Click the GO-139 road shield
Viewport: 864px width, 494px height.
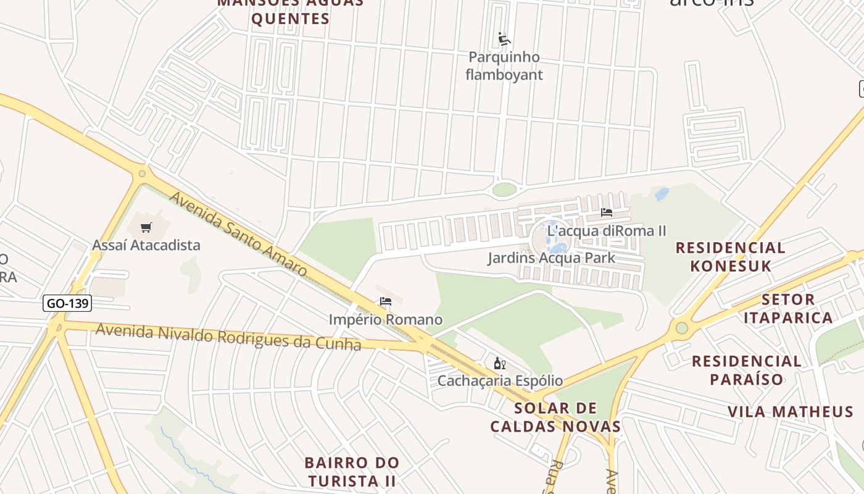[x=68, y=303]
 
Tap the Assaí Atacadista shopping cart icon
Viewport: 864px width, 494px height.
[x=146, y=227]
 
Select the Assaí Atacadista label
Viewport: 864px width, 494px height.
[x=146, y=245]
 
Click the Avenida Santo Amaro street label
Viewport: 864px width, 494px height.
[x=238, y=234]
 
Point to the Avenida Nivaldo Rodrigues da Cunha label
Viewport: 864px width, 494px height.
[x=228, y=337]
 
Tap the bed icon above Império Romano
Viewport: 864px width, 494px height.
[x=386, y=301]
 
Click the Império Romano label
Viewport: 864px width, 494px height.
[x=386, y=320]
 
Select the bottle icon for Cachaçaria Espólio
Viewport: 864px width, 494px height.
[x=500, y=363]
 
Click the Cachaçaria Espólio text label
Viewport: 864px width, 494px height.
[x=500, y=380]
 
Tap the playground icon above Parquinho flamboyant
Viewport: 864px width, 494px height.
[x=504, y=39]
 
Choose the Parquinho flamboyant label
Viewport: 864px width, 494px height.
[x=504, y=66]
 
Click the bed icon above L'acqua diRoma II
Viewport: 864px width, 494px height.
[x=607, y=212]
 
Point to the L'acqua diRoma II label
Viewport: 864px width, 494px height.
[x=607, y=231]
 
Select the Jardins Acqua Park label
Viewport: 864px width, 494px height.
[x=551, y=257]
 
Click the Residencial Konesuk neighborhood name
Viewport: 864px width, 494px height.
[x=731, y=257]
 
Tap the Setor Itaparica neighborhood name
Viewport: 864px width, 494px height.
[x=788, y=309]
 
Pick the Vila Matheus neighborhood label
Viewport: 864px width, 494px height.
[x=791, y=412]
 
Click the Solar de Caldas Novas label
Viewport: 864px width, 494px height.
[x=555, y=417]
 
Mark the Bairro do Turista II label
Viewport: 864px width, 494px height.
[x=352, y=471]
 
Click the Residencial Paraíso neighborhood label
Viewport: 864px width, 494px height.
[x=747, y=370]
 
